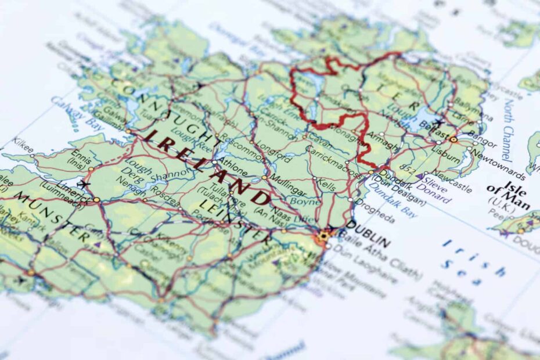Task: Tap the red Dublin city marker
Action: coord(323,236)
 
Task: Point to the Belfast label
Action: coord(435,132)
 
